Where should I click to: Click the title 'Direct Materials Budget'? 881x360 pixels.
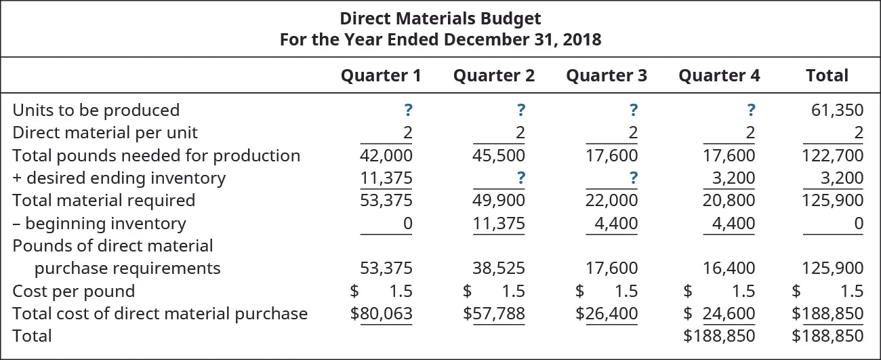coord(440,18)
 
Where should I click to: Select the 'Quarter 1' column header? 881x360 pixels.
coord(380,75)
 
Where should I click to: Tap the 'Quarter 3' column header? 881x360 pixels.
coord(606,75)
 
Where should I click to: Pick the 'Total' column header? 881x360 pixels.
coord(826,75)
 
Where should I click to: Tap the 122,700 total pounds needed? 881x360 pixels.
coord(833,156)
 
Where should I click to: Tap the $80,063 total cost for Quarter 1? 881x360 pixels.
coord(381,313)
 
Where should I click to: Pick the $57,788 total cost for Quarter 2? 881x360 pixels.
coord(493,313)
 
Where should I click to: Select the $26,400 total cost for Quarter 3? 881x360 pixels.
coord(606,313)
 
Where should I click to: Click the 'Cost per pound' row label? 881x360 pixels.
coord(74,292)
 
